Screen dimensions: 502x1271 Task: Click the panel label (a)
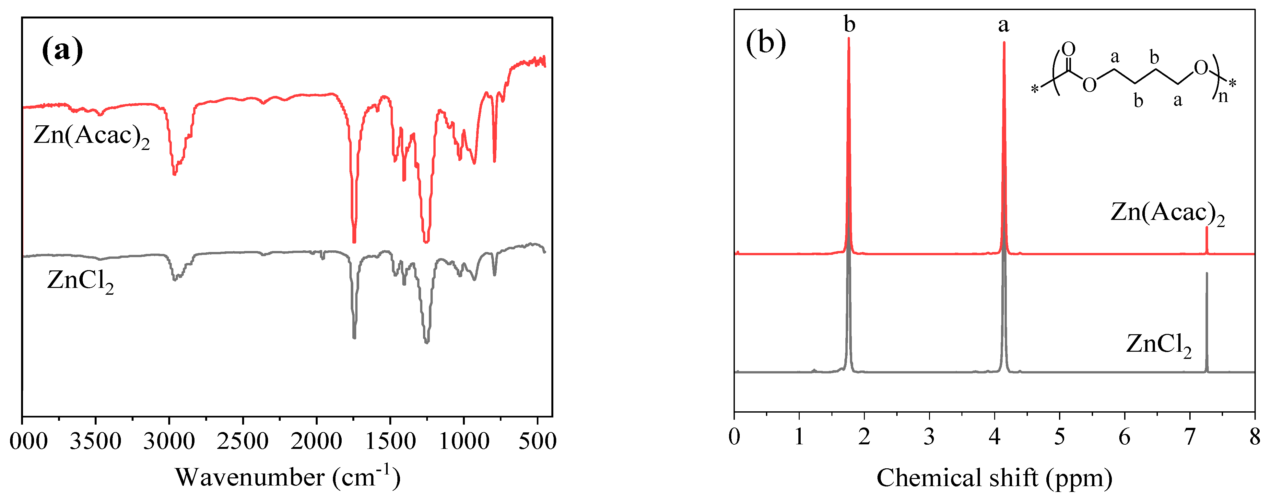pos(62,50)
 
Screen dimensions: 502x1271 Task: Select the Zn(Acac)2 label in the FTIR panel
pos(91,136)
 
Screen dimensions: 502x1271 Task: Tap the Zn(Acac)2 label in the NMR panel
pos(1167,213)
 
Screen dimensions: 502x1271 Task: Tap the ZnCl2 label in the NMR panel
pos(1159,344)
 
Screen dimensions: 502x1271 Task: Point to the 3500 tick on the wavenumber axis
pos(95,440)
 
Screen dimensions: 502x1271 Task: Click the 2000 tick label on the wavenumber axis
pos(316,440)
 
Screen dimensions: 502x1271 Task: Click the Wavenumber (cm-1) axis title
pos(288,477)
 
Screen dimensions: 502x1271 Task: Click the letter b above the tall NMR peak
pos(849,24)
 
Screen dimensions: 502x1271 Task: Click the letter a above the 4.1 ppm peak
pos(1004,25)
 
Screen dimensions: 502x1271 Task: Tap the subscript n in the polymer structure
pos(1223,96)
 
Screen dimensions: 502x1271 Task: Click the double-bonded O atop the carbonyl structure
pos(1068,49)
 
